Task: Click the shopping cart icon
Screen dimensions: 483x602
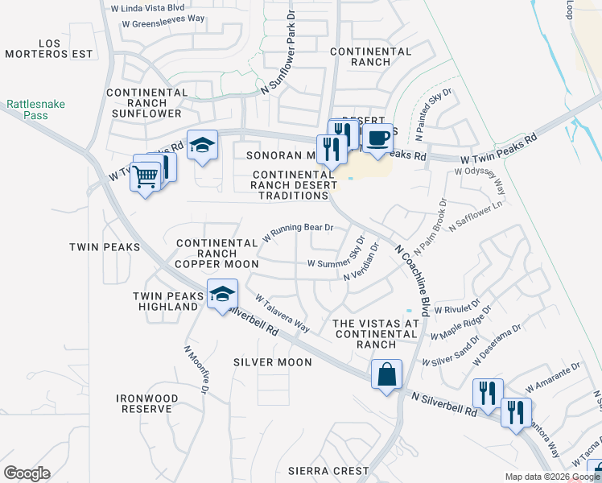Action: [x=145, y=175]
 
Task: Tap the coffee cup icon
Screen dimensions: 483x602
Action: [x=377, y=138]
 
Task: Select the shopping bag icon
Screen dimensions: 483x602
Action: [x=387, y=374]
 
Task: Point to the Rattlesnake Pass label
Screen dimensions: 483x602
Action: [x=35, y=109]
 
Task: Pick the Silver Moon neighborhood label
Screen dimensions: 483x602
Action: [x=273, y=362]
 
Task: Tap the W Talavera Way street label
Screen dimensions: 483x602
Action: [x=282, y=312]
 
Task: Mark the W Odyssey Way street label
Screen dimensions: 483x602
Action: [x=480, y=183]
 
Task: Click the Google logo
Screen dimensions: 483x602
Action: [x=27, y=473]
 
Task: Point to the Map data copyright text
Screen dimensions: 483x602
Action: [x=552, y=477]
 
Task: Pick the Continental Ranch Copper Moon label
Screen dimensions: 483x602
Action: [x=217, y=254]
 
